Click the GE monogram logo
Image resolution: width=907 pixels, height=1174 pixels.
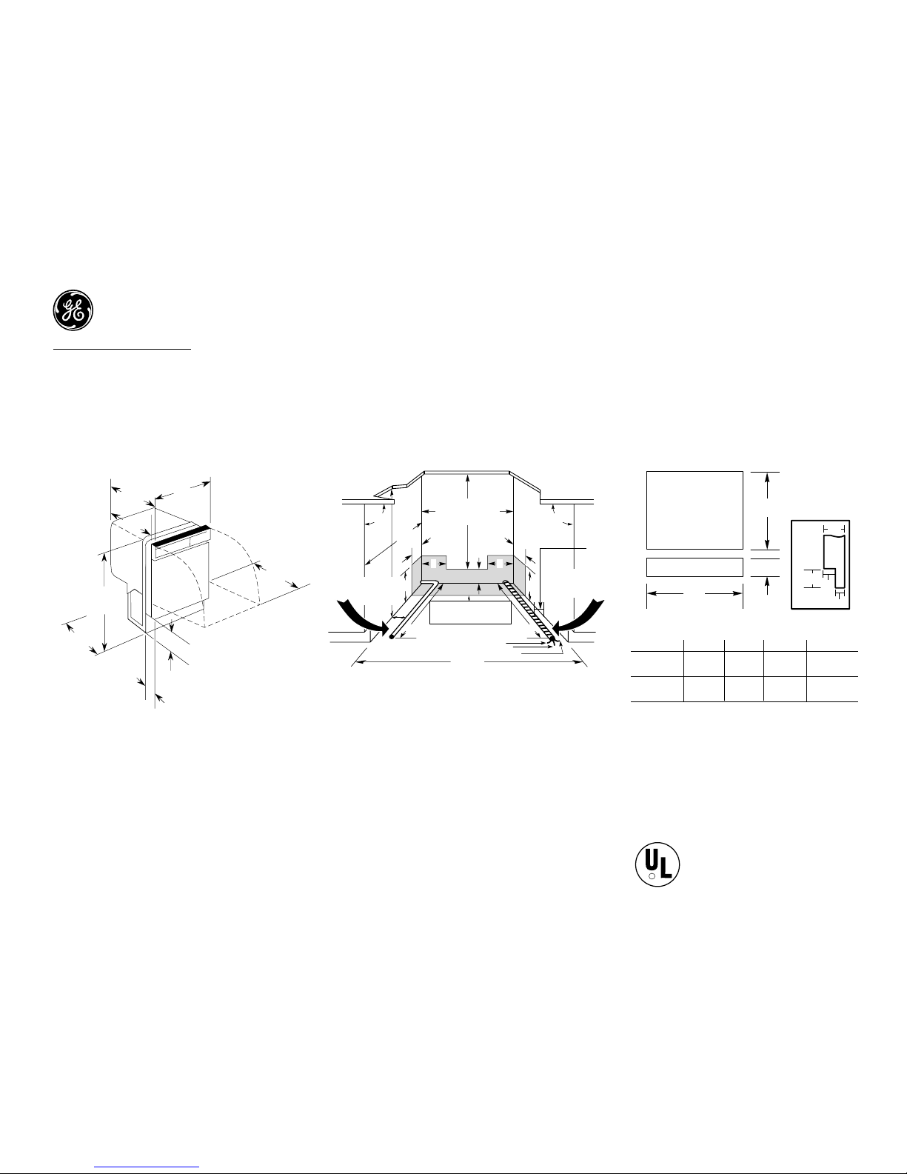pos(73,310)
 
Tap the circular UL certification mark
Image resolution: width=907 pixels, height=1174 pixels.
pos(657,864)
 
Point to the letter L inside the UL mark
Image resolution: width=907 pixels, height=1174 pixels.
pos(666,866)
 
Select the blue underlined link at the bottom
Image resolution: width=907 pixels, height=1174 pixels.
pos(147,1167)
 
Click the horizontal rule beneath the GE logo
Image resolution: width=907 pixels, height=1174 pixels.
pos(122,349)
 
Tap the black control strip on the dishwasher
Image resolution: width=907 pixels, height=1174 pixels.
pos(181,535)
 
